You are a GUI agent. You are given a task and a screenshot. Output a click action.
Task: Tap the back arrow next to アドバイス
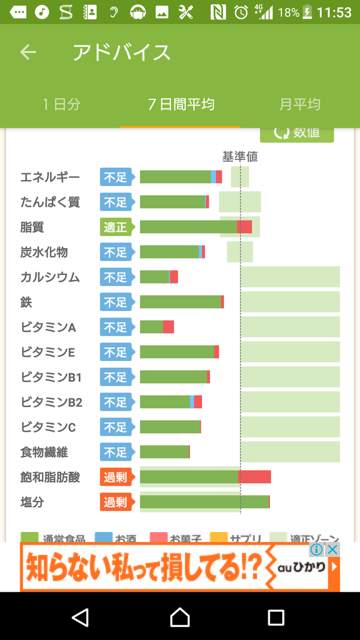click(28, 52)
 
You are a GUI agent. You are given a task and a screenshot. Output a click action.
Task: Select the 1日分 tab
click(62, 104)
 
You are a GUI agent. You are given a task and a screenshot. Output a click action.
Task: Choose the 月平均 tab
click(300, 104)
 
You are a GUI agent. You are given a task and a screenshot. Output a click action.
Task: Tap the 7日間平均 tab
click(181, 104)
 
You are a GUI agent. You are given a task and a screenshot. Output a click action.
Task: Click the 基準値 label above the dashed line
click(240, 157)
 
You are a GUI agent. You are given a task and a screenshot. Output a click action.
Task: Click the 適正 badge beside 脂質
click(116, 227)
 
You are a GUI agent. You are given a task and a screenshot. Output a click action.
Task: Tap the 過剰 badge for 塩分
click(116, 502)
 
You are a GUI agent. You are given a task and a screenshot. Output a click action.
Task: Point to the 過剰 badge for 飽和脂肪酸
click(116, 477)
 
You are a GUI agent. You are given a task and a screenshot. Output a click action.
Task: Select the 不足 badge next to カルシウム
click(116, 277)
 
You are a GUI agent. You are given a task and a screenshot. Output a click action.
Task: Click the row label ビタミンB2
click(52, 402)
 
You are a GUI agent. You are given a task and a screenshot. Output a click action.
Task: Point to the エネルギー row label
click(50, 177)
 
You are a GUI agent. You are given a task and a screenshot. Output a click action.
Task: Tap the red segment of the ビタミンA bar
click(168, 327)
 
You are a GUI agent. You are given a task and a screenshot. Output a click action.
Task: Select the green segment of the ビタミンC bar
click(170, 427)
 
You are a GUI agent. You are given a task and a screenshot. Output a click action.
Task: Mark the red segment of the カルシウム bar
click(174, 277)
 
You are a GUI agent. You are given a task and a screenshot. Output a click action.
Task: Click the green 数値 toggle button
click(297, 134)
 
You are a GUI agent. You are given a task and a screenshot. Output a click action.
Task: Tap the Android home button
click(180, 617)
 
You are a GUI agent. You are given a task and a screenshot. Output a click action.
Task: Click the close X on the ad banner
click(333, 549)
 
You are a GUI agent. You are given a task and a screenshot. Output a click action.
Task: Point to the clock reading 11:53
click(334, 12)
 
